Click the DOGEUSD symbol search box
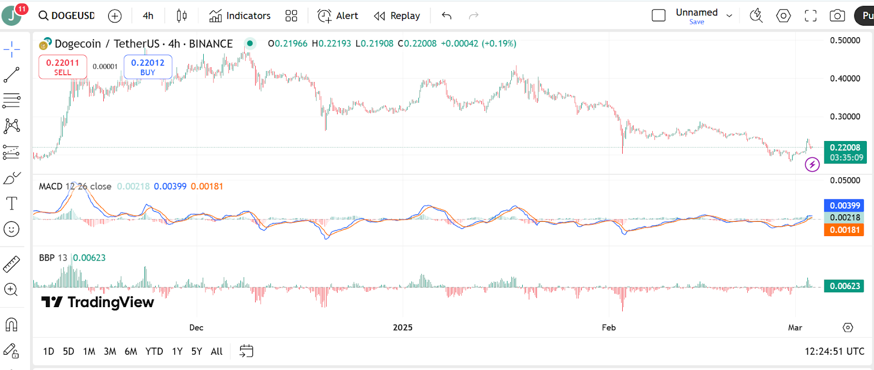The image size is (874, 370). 67,16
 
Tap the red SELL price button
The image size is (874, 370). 62,67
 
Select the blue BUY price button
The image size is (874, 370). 147,67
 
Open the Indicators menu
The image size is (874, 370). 240,16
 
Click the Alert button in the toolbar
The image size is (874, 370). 338,16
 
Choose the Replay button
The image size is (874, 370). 397,16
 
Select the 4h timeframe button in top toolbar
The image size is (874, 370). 148,16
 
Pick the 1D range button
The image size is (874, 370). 49,351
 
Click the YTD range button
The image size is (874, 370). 154,351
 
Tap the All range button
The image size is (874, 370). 216,351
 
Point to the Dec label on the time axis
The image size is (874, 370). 196,327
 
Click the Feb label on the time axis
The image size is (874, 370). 609,327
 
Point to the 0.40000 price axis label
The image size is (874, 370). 845,79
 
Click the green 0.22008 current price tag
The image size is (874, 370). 845,148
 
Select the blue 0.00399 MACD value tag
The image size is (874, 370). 845,205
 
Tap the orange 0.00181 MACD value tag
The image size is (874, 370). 845,230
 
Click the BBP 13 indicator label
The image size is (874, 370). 53,257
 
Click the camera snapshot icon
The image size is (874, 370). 837,16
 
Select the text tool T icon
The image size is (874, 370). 11,203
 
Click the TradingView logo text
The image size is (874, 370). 98,302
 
